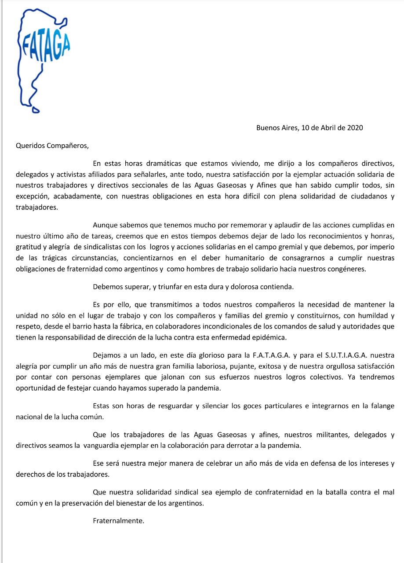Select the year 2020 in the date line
pyautogui.click(x=355, y=128)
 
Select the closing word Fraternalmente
pyautogui.click(x=119, y=521)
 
